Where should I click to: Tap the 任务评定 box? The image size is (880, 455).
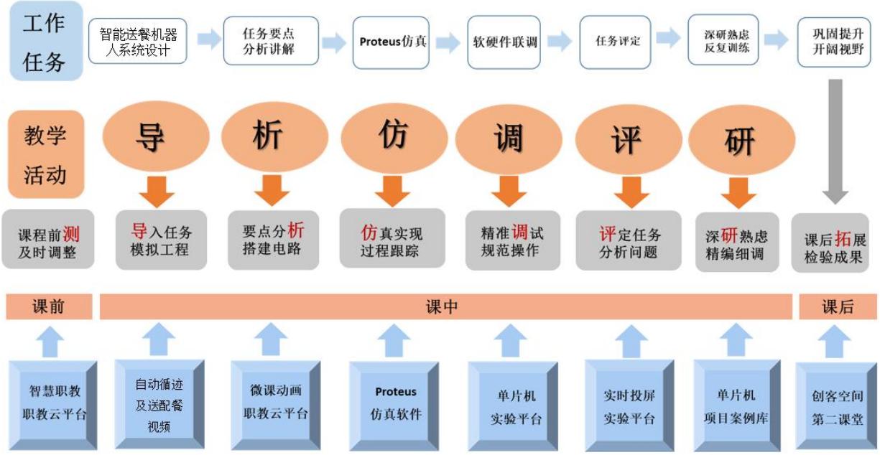pos(617,42)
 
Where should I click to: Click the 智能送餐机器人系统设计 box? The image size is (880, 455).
pos(138,42)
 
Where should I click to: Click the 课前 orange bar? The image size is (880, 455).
pos(49,307)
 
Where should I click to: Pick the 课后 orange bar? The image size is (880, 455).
pos(838,307)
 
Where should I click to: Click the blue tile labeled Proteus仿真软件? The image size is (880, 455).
pos(394,403)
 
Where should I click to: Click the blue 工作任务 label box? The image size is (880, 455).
pos(45,42)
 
